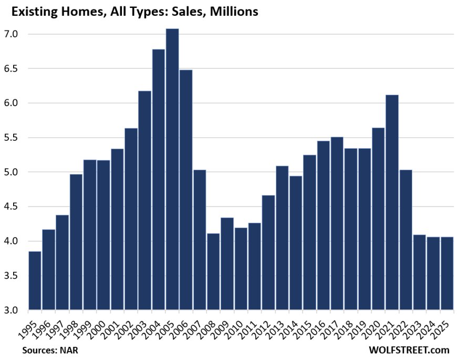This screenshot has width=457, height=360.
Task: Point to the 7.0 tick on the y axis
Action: (x=11, y=34)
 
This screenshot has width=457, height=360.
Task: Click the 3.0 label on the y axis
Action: (x=11, y=310)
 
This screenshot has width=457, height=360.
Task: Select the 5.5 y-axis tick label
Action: (x=11, y=138)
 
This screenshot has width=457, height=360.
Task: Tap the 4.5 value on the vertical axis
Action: (x=11, y=207)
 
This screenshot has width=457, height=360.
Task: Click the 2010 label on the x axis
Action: (x=236, y=326)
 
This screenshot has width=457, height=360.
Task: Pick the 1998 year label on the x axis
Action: (x=72, y=326)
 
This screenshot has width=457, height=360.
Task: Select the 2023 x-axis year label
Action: (x=415, y=326)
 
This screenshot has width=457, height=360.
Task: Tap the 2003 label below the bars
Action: (x=140, y=326)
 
